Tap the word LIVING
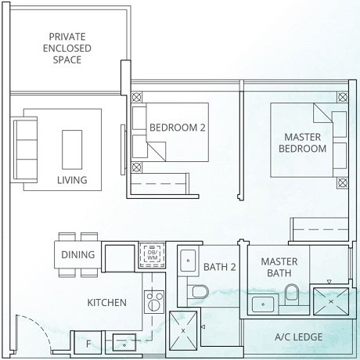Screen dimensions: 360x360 72,180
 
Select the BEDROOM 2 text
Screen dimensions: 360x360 178,127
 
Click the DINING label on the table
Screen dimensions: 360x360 77,254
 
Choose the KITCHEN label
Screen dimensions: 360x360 106,302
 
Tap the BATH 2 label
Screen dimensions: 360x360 219,267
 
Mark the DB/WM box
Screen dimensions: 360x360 149,255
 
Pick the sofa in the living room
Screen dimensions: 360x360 25,139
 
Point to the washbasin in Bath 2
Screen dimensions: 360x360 189,261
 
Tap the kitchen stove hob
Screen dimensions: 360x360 150,300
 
